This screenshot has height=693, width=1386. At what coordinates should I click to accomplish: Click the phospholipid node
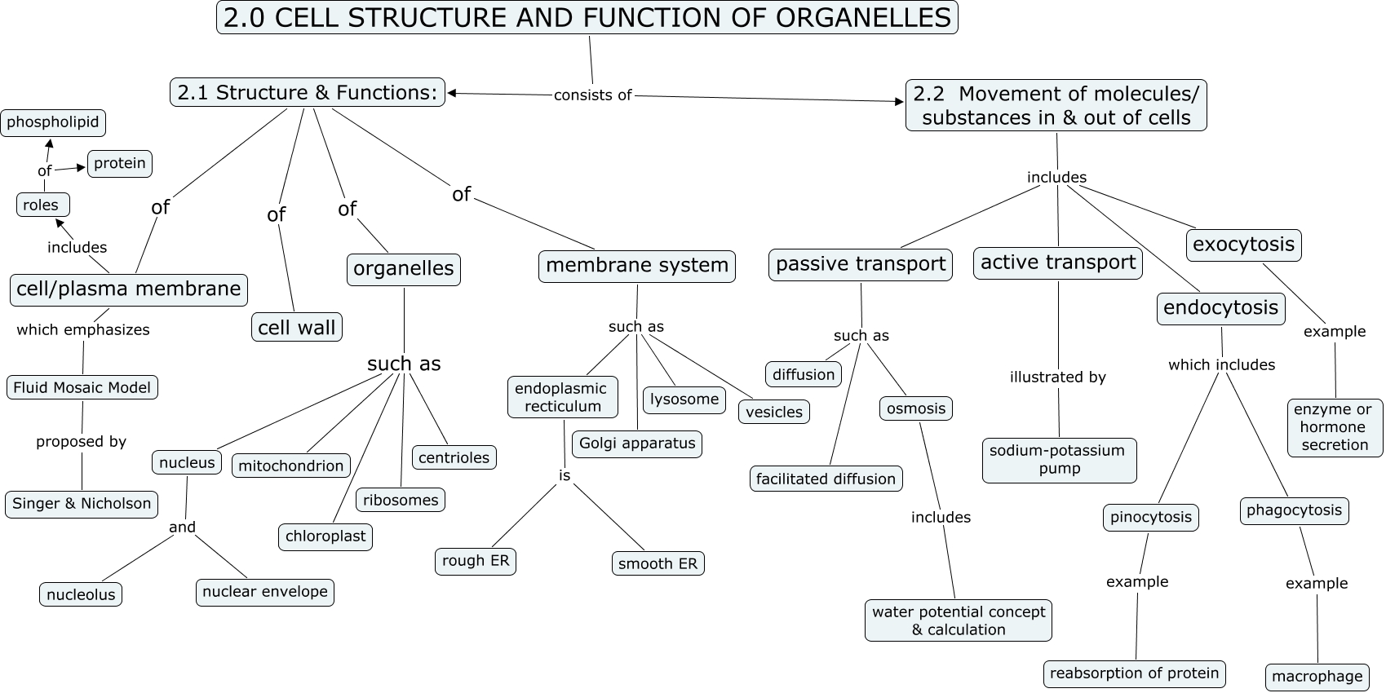point(53,122)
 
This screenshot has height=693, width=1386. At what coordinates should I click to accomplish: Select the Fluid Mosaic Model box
point(82,387)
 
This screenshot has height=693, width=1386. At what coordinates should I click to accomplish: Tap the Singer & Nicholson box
point(82,504)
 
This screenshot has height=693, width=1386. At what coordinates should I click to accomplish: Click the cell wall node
point(297,327)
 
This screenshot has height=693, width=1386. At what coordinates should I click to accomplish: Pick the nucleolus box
point(81,594)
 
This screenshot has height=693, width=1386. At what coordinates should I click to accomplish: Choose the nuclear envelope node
point(265,592)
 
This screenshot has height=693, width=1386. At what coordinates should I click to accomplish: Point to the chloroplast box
point(325,537)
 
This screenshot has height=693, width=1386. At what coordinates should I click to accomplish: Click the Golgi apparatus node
point(637,444)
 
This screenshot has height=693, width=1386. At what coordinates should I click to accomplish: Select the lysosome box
point(684,399)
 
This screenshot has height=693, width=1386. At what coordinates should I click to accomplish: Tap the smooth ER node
point(658,563)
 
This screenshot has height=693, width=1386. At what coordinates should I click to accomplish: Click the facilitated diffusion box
point(826,479)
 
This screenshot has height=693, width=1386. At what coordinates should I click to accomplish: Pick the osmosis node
point(916,408)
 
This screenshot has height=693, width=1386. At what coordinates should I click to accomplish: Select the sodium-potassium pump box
point(1058,460)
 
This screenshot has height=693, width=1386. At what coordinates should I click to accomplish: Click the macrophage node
point(1317,676)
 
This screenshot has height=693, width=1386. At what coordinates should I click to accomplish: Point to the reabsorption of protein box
point(1134,673)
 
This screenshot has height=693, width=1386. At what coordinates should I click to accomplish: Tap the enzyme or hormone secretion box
point(1335,427)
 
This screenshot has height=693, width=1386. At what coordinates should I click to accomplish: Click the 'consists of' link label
point(593,95)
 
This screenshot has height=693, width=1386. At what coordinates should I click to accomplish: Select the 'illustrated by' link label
point(1057,377)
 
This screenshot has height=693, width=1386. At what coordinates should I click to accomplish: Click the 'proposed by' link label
point(81,442)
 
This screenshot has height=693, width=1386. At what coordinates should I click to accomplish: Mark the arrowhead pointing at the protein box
point(82,168)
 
